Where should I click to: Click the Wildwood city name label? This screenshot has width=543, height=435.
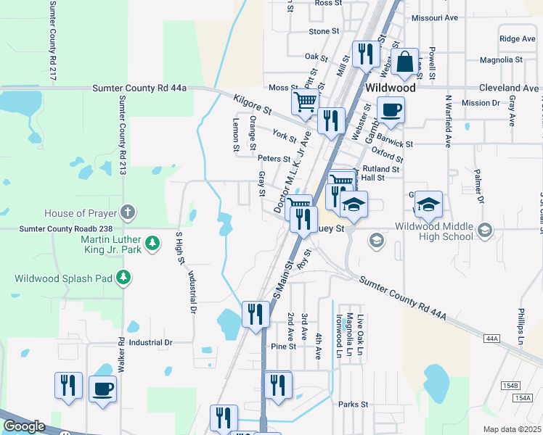(x=391, y=87)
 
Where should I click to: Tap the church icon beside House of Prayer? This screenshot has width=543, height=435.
(x=127, y=212)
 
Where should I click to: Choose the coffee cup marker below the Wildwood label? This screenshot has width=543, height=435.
(x=391, y=109)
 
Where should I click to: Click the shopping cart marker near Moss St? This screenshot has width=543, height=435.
(x=305, y=101)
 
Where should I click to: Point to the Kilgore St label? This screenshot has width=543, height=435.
(x=252, y=105)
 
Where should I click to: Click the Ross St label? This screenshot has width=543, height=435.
(x=328, y=4)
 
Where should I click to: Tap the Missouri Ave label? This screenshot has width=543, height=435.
(x=435, y=18)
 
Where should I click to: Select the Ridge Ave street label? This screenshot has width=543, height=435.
(x=518, y=39)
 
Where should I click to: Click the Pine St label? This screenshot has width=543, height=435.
(x=283, y=347)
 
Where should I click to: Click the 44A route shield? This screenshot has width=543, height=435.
(x=492, y=339)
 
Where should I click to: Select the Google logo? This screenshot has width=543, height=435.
(x=24, y=426)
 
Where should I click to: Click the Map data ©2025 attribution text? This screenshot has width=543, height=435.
(x=512, y=429)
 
